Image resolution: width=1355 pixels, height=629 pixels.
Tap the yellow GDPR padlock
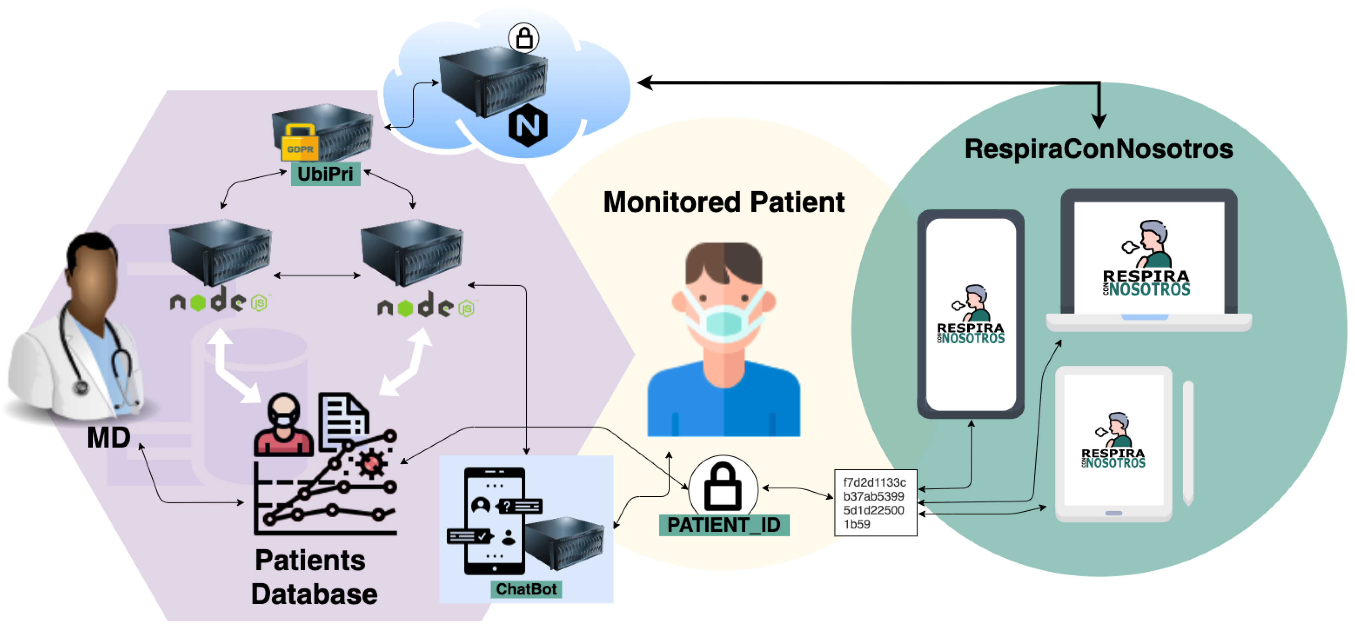coord(299,144)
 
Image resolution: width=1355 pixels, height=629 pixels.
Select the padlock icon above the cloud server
coord(524,38)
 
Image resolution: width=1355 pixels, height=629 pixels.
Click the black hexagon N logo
coord(528,126)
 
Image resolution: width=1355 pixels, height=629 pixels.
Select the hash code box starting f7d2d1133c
coord(875,503)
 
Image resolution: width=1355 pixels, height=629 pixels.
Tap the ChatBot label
coord(526,589)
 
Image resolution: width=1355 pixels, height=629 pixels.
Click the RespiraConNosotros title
coord(1098,149)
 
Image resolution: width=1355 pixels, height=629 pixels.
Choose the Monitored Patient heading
coord(723,202)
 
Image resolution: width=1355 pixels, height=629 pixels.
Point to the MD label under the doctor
coord(108,437)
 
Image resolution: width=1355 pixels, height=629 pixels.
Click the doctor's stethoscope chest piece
coord(81,388)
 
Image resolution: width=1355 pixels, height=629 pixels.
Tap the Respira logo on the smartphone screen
coord(970,315)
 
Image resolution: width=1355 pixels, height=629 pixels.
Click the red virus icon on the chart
coord(372,463)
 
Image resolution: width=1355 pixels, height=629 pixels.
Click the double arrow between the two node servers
coord(317,275)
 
